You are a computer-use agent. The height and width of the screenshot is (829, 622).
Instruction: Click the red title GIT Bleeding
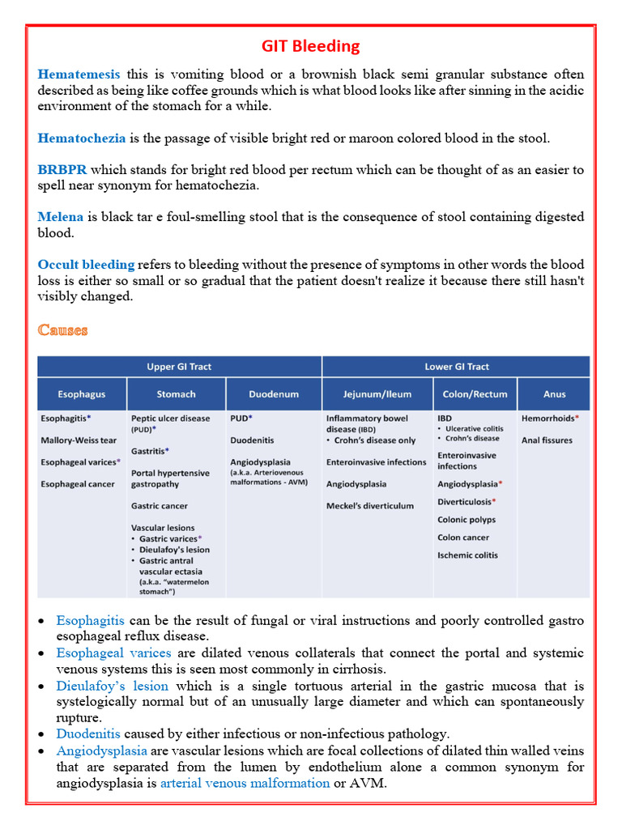coord(311,45)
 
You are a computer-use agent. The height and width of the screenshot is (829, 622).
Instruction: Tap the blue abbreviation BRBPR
coord(62,170)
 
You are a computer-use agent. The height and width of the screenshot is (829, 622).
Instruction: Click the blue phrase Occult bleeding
coord(86,265)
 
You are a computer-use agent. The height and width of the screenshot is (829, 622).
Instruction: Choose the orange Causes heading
coord(63,329)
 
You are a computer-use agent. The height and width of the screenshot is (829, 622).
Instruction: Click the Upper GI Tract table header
coord(179,367)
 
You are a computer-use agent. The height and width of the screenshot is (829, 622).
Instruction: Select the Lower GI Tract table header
coord(457,367)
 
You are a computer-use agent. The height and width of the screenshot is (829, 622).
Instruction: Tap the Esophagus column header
coord(81,394)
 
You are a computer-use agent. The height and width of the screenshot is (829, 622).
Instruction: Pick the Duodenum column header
coord(274,394)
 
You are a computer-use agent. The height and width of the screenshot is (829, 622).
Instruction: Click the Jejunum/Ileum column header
coord(377,394)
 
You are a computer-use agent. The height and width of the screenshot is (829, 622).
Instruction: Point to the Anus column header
coord(555,394)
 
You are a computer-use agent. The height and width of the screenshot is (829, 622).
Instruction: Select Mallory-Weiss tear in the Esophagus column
coord(79,440)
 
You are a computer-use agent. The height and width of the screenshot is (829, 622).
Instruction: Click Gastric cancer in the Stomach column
coord(160,506)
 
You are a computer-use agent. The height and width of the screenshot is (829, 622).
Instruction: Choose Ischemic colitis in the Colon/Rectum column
coord(467,555)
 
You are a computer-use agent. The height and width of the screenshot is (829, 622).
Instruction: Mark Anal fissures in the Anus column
coord(547,440)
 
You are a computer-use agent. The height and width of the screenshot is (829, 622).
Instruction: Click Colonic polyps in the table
coord(466,520)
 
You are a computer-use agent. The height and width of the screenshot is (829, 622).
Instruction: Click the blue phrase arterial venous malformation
coord(245,783)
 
